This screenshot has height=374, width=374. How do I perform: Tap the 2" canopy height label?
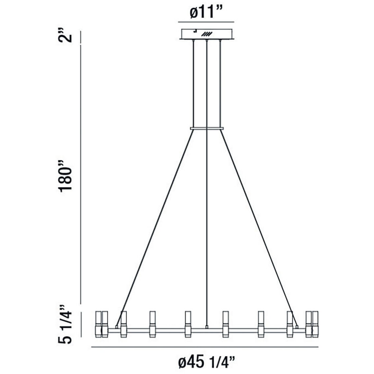[65, 35]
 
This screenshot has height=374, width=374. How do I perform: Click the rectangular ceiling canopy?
[206, 34]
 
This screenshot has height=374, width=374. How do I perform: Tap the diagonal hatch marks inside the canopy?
[206, 34]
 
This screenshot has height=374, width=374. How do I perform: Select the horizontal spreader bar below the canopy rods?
[207, 128]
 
